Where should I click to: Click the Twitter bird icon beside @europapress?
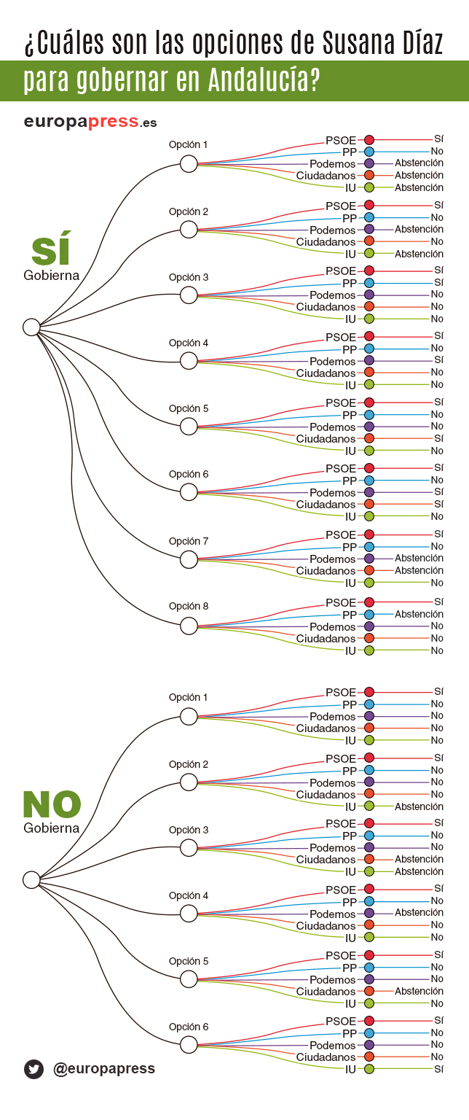(33, 1069)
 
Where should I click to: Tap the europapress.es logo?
(90, 122)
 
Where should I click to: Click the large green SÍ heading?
(52, 251)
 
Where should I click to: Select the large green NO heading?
(51, 804)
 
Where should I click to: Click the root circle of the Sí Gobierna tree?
(31, 327)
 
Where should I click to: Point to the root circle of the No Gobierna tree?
(31, 880)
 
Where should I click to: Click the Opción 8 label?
(189, 606)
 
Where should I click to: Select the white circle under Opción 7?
(189, 559)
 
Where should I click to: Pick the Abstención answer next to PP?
(419, 614)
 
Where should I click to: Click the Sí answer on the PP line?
(438, 282)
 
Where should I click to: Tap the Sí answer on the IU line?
(438, 1069)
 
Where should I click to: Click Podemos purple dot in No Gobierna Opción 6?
(369, 1045)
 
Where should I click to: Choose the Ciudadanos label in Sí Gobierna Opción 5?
(326, 439)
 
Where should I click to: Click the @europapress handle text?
(103, 1068)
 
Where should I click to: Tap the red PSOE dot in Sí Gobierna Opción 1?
(369, 139)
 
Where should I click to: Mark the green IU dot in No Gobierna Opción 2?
(369, 806)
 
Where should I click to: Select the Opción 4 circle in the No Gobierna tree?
(189, 913)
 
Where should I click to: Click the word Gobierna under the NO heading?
(51, 828)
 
